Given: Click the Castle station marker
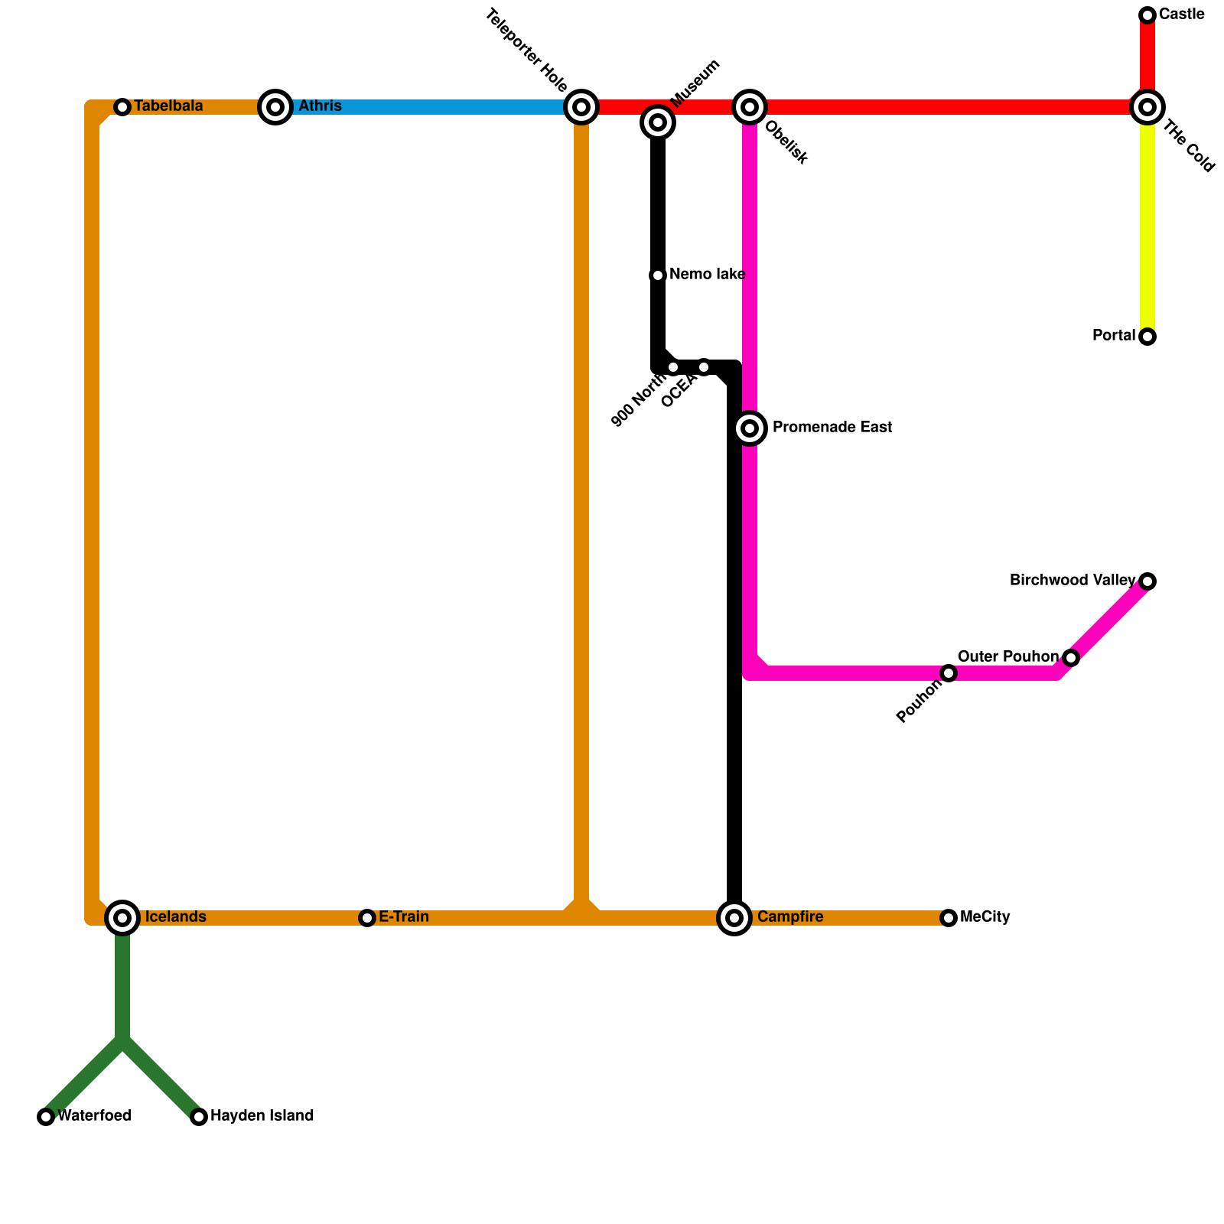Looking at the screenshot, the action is click(x=1147, y=15).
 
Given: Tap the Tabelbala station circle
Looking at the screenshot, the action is click(x=122, y=107).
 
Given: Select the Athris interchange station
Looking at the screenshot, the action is click(x=275, y=107).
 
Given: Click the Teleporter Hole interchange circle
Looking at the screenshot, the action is click(x=581, y=107).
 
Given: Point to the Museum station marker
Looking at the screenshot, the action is click(x=658, y=122).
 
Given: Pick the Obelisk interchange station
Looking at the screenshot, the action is click(x=750, y=107).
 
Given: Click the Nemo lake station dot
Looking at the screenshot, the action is click(x=658, y=275).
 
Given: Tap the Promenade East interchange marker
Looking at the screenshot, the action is click(x=750, y=428).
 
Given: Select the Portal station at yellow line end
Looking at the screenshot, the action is click(x=1147, y=337).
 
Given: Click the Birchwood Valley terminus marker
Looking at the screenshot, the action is click(x=1147, y=581).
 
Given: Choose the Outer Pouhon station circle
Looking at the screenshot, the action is click(x=1071, y=658).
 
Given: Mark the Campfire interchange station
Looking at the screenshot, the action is click(x=734, y=917).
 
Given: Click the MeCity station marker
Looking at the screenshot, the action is click(x=949, y=917).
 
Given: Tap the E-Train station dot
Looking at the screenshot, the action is click(x=367, y=917).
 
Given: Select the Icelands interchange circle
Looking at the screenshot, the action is click(x=122, y=917).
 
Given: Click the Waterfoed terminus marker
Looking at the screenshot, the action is click(x=46, y=1117).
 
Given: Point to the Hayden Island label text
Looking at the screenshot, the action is click(x=262, y=1116).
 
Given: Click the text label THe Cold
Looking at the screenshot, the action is click(x=1188, y=148).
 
